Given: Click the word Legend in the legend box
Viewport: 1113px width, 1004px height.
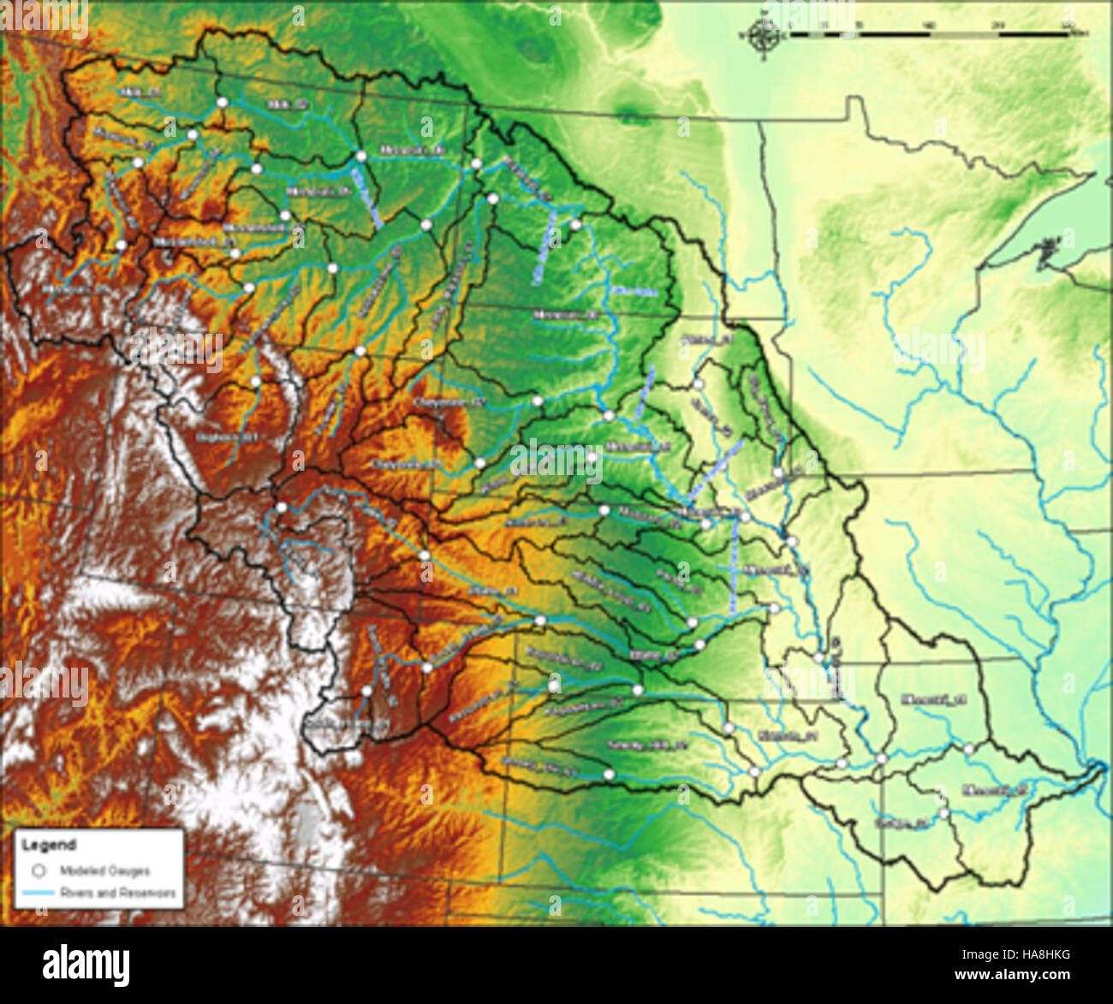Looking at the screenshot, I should (49, 845).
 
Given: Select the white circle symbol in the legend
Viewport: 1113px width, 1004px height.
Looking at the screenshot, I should (38, 870).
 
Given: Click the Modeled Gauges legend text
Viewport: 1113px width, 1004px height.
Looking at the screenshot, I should (104, 870).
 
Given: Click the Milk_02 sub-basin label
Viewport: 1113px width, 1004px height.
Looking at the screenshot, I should (287, 104).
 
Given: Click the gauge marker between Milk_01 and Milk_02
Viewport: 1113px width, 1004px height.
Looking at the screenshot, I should (222, 102).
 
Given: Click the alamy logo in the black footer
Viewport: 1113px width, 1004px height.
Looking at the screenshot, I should (86, 965).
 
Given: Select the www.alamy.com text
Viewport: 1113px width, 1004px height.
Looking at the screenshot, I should (1015, 975).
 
